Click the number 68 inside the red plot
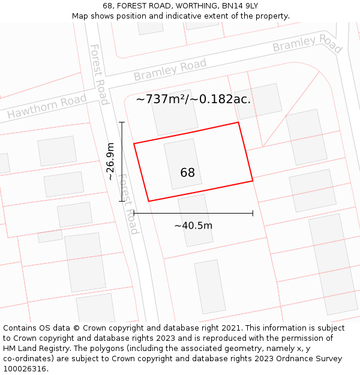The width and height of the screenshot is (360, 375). (x=187, y=173)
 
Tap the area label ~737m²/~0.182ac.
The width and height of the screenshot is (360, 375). (x=193, y=99)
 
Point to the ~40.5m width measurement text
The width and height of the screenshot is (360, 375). (x=193, y=226)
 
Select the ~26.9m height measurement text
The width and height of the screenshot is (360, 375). (x=110, y=161)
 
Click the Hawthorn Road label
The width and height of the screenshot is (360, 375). (x=47, y=106)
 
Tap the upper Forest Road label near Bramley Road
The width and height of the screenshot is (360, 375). (x=99, y=74)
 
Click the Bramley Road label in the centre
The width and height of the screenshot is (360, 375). (x=170, y=70)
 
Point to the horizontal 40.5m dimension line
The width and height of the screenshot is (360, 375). (x=193, y=213)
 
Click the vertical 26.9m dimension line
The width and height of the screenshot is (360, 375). (x=122, y=161)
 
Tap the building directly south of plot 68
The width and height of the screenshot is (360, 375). (x=196, y=220)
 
